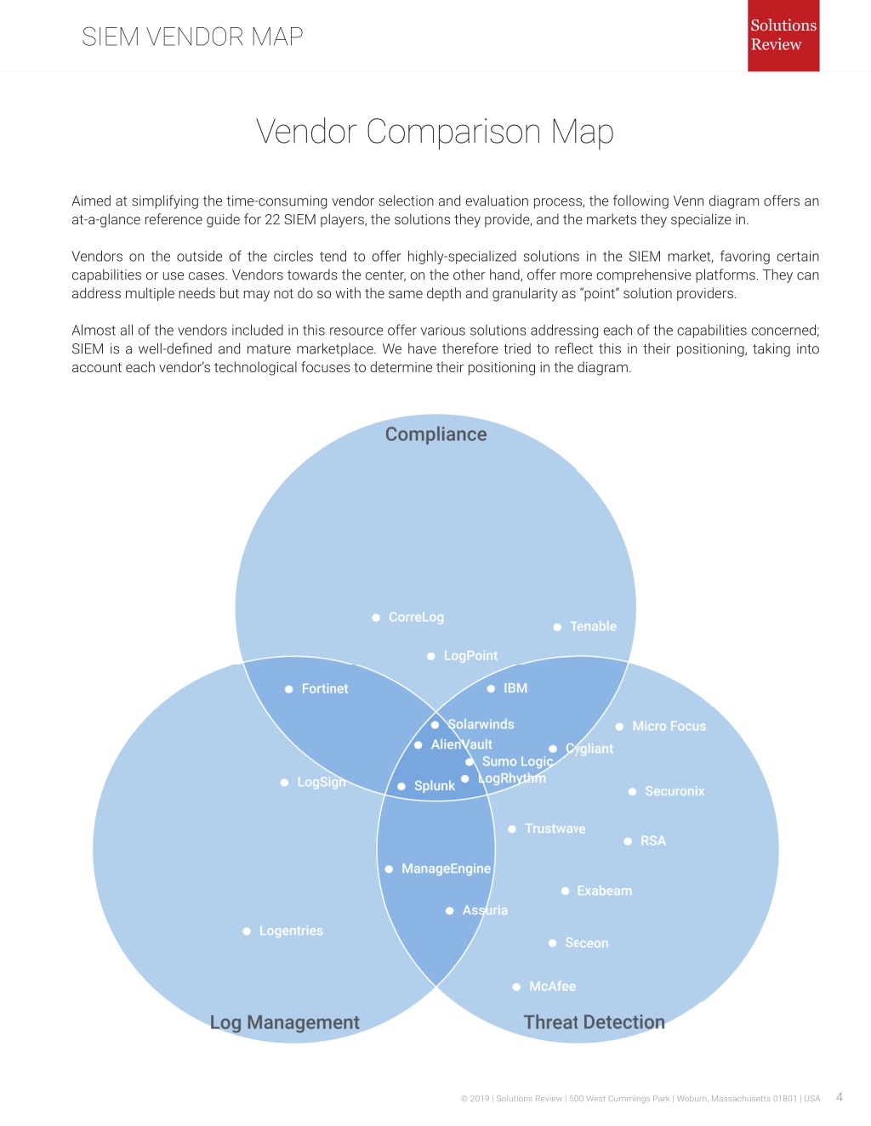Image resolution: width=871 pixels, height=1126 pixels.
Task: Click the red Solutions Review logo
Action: pos(783,35)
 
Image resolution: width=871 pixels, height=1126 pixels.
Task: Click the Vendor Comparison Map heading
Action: pos(435,132)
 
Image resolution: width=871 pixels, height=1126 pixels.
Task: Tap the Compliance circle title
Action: pos(436,434)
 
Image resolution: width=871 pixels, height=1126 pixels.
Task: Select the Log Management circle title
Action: pos(284,1022)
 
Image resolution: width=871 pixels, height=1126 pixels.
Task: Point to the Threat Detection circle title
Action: pos(595,1021)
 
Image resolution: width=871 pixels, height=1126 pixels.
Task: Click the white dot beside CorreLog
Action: pos(376,618)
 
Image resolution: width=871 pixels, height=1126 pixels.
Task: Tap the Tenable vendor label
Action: pos(593,626)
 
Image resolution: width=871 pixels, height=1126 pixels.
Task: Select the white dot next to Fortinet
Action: pos(289,689)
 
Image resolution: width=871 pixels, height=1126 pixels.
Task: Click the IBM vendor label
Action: pos(515,688)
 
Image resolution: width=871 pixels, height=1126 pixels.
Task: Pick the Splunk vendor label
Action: pos(435,786)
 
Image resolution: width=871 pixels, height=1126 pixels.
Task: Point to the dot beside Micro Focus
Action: pos(619,727)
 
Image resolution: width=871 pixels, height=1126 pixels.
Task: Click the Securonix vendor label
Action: pos(675,791)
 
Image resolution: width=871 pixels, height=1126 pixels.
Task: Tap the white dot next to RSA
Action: pos(628,841)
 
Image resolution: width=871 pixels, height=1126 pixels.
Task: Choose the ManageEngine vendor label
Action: pos(446,869)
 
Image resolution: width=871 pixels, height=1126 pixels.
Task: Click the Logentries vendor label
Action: pos(291,931)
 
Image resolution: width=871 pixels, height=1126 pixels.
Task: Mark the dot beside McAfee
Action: pos(516,987)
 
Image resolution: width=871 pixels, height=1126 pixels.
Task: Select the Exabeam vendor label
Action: pos(605,891)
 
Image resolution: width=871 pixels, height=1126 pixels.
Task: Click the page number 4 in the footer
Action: pos(840,1097)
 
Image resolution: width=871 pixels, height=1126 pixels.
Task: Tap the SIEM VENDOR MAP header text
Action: pos(192,37)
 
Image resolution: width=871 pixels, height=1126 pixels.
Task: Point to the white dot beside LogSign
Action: pos(284,783)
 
